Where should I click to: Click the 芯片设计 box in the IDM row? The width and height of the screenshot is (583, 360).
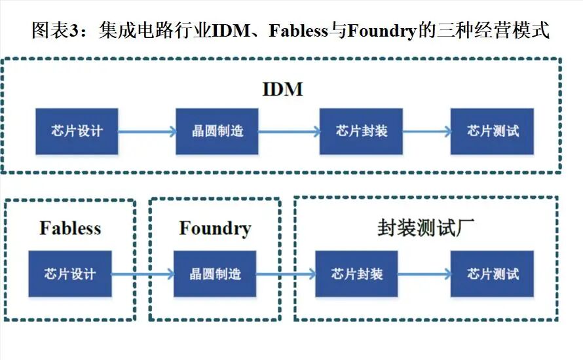point(77,131)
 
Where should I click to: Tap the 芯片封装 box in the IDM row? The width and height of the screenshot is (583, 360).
point(361,131)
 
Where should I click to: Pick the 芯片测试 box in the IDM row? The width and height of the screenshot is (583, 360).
point(493,131)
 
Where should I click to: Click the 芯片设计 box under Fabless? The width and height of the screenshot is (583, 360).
point(69,274)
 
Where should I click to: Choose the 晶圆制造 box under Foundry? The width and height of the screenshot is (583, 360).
point(215,274)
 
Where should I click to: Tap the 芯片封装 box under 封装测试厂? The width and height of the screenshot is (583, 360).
point(356,274)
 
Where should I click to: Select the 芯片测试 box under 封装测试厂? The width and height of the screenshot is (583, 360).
point(493,274)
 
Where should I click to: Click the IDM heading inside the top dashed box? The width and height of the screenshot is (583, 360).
point(282,89)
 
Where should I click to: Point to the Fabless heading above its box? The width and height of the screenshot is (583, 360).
point(70,228)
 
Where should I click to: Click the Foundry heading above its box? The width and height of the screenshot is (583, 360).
point(215,228)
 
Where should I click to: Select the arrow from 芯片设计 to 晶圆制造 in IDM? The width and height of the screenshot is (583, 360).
point(147,132)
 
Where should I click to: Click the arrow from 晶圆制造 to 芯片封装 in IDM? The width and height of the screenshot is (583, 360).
point(289,132)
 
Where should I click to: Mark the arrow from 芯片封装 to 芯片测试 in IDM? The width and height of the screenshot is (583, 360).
point(427,132)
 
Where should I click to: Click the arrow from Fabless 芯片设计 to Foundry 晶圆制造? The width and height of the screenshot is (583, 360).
point(142,274)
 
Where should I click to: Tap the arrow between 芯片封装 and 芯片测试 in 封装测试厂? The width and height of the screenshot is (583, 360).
point(424,274)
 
